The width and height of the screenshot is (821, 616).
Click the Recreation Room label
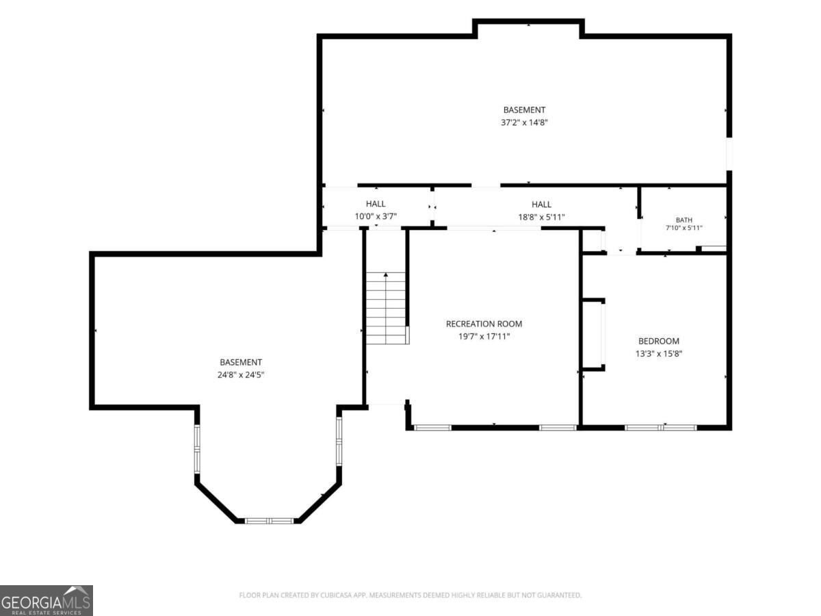click(484, 324)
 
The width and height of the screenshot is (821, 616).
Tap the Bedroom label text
click(659, 341)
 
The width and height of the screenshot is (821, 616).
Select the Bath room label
click(683, 220)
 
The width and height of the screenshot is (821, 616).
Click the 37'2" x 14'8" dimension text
click(524, 123)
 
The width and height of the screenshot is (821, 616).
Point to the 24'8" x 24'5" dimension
click(241, 374)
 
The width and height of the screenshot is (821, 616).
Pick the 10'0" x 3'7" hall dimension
click(376, 216)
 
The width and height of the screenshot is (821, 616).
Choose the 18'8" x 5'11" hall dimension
click(541, 216)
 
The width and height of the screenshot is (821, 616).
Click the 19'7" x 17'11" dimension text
click(484, 336)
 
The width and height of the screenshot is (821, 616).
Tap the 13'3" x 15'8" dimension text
click(659, 353)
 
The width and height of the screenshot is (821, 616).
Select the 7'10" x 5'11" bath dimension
click(683, 227)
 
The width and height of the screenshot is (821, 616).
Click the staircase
click(386, 308)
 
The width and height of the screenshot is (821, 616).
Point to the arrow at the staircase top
click(386, 275)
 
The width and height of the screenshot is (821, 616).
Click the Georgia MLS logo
click(46, 600)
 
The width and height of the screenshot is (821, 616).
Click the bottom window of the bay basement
click(270, 521)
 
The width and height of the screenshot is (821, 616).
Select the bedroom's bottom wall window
click(660, 427)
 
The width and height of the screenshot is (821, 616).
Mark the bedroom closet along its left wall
click(593, 335)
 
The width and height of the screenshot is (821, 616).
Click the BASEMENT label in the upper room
click(524, 110)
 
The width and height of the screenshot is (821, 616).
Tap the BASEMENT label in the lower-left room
click(241, 362)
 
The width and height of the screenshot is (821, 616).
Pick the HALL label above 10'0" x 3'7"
click(376, 203)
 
